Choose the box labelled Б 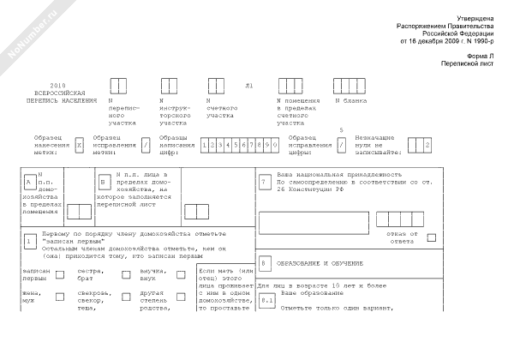(104, 183)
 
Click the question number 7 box (264, 183)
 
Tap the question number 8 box (265, 262)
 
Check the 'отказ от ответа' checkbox (432, 237)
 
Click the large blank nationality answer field (308, 219)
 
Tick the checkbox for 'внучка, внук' (181, 275)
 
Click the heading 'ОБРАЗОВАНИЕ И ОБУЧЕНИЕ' (314, 262)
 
